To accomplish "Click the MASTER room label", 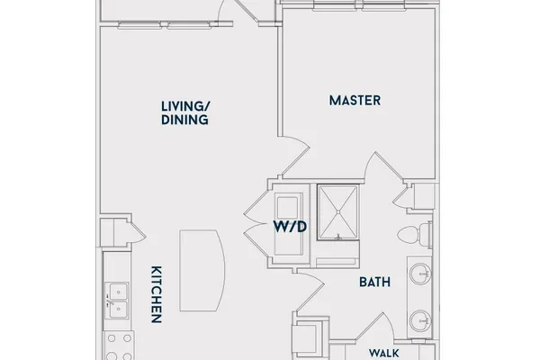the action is (x=355, y=101).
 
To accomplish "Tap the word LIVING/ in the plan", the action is (x=185, y=106).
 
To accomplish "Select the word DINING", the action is (x=184, y=120).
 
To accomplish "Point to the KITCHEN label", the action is (x=157, y=294).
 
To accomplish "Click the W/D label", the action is (x=290, y=227).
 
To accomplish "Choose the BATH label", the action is (x=374, y=282).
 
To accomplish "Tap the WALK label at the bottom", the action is (x=384, y=353).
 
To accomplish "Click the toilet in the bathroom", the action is (x=414, y=235).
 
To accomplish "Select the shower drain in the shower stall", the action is (x=338, y=211).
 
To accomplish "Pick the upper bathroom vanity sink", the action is (x=419, y=274).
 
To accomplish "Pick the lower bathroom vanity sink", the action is (x=419, y=320).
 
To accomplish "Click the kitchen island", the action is (x=202, y=270).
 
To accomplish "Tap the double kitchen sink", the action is (x=116, y=301).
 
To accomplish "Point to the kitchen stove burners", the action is (x=119, y=347).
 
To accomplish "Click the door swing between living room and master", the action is (x=294, y=156).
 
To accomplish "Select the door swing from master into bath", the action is (x=384, y=166).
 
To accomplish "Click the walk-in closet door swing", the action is (x=375, y=327).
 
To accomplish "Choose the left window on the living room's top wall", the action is (x=139, y=25).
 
